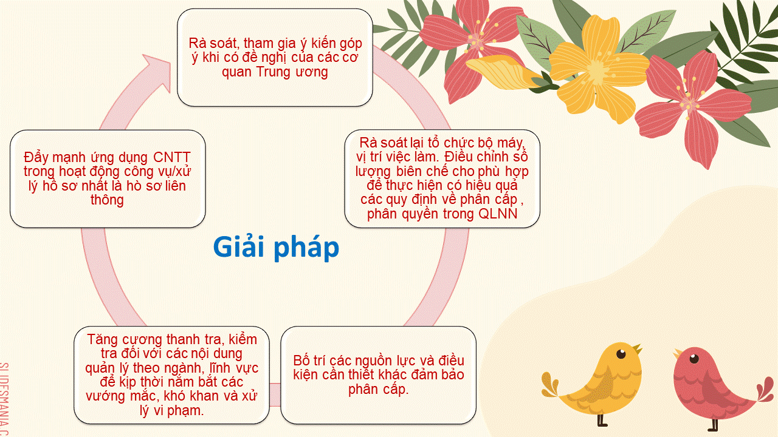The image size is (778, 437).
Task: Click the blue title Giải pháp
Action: click(x=276, y=248)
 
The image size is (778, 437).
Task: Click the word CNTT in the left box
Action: click(x=172, y=157)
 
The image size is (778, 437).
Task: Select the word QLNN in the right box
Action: click(x=498, y=214)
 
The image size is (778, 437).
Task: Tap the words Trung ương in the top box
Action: click(x=292, y=72)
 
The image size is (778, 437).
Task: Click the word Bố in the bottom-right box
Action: click(x=301, y=361)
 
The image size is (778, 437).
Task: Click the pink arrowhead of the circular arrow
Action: click(x=157, y=72)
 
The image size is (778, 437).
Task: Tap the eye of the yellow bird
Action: click(x=621, y=354)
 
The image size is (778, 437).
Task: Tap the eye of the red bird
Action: click(x=694, y=359)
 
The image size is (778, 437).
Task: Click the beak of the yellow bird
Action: click(x=638, y=348)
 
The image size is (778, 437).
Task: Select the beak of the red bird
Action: click(x=678, y=354)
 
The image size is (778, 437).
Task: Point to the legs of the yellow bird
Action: click(x=602, y=420)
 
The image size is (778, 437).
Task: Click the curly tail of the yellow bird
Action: click(x=551, y=384)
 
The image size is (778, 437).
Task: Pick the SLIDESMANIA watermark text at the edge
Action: click(x=4, y=399)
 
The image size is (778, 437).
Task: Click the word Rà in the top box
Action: click(x=198, y=44)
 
